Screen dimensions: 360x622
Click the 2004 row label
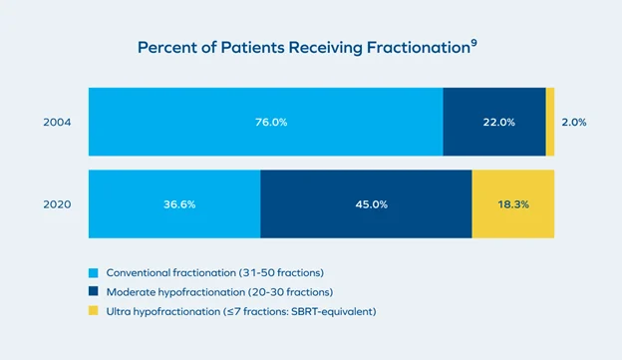pos(56,122)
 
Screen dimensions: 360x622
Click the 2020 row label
pos(56,203)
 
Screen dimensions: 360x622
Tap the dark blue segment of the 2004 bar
pos(468,140)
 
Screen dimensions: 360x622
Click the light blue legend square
pos(94,272)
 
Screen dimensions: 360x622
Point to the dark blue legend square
pos(94,291)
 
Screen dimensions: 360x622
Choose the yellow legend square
pos(94,311)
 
